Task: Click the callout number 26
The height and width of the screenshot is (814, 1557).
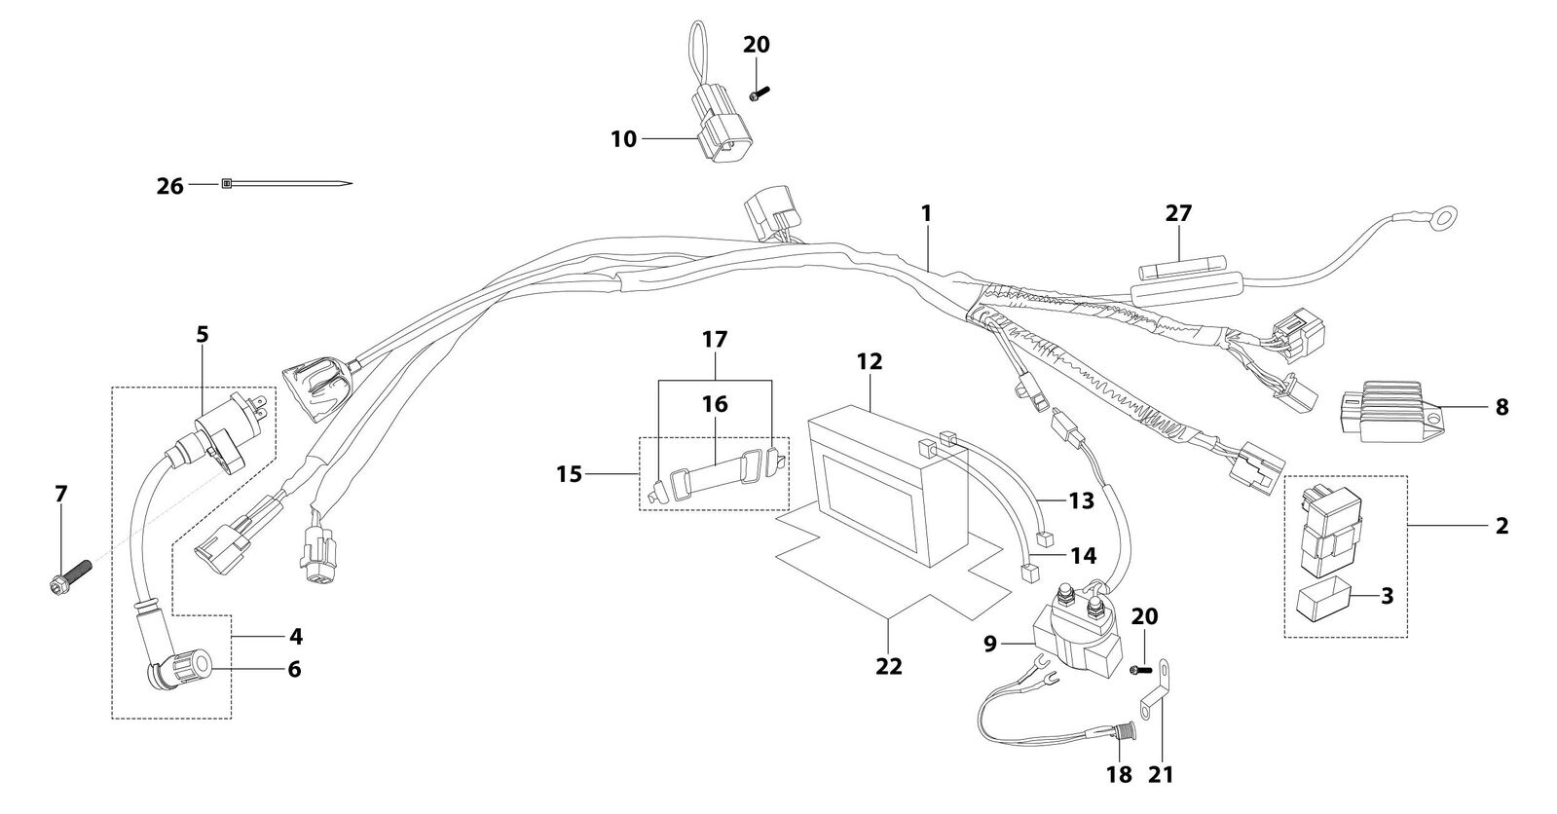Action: click(x=169, y=186)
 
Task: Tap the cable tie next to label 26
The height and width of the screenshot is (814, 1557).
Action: click(x=286, y=184)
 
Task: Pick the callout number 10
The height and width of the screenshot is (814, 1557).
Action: click(x=623, y=139)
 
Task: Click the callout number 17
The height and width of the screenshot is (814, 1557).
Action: click(x=715, y=340)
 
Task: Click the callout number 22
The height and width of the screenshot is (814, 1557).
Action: click(x=889, y=666)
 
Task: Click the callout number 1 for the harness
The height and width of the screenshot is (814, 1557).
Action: click(x=926, y=213)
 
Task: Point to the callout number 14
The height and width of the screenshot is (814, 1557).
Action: click(x=1083, y=556)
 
